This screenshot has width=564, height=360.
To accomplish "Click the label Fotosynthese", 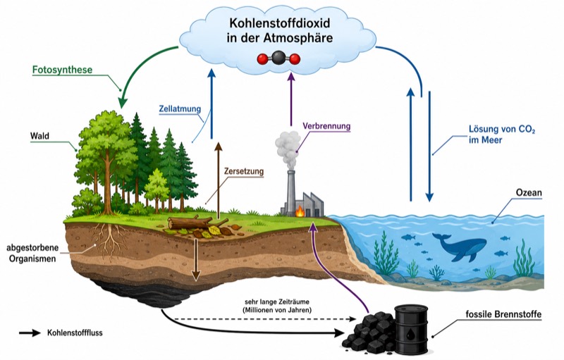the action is (62, 70).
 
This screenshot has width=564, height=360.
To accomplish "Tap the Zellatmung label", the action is (180, 109).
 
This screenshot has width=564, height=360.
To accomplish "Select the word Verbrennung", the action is (326, 126).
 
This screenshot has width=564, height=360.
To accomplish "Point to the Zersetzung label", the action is (244, 171).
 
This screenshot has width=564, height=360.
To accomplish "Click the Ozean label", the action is (529, 192).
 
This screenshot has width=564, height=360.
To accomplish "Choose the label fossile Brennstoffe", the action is (503, 314).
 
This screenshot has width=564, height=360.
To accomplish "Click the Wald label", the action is (39, 136).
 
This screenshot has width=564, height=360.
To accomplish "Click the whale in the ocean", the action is (460, 246).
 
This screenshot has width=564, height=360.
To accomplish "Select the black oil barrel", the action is (412, 328).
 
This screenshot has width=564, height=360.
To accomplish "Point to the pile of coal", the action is (370, 333).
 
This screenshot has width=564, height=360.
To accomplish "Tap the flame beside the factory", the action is (300, 211).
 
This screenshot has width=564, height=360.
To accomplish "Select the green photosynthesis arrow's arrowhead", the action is (122, 101).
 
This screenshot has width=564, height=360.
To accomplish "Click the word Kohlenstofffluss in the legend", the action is (75, 333).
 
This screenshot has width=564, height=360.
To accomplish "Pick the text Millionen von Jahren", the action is (277, 310).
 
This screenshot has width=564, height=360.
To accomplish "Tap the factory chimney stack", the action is (291, 192).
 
